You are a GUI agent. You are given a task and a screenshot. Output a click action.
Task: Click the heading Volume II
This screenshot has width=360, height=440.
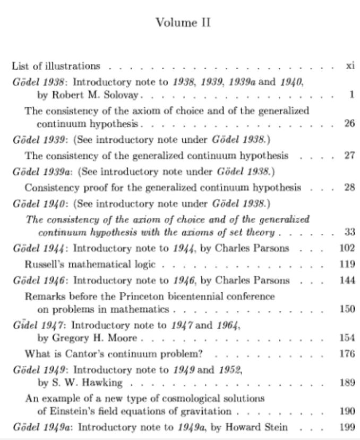183,23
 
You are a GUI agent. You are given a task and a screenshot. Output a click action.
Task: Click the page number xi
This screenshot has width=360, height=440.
349,66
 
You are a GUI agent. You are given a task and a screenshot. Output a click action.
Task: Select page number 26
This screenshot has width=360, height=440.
349,124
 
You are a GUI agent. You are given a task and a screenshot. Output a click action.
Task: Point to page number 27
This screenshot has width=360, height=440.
349,156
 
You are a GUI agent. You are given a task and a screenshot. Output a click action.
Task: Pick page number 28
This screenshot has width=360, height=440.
349,188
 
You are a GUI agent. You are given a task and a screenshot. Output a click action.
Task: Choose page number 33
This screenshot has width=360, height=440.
349,232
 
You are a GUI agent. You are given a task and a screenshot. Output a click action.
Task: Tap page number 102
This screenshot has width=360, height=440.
347,248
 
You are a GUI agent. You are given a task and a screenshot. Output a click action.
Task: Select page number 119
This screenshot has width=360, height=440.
347,264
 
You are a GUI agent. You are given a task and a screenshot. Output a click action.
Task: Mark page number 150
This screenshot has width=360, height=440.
347,309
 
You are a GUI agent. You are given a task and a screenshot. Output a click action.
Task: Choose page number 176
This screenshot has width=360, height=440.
347,354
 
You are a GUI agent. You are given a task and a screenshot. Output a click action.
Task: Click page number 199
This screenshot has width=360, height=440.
347,427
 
